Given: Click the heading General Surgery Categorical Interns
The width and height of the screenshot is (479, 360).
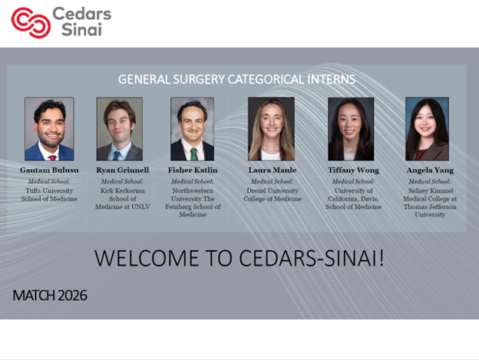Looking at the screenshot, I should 236,79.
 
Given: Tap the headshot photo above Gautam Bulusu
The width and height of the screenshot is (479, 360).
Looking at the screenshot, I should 49,128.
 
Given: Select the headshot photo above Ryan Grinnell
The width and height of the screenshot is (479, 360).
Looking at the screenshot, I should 119,128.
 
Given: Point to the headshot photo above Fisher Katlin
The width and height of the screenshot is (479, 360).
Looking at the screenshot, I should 192,128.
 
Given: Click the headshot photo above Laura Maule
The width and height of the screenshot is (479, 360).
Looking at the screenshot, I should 271,128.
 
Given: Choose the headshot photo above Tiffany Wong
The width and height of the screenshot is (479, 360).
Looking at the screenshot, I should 351,128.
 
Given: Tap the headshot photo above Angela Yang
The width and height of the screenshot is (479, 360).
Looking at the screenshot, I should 427,128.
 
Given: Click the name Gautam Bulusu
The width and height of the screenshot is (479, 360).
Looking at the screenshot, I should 49,170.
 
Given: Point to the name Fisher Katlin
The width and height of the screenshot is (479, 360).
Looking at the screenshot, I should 193,170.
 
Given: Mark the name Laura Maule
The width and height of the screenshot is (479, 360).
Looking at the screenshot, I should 271,170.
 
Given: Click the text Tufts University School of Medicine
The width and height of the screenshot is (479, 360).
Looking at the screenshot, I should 49,194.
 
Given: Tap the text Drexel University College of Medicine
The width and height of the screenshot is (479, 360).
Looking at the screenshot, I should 271,194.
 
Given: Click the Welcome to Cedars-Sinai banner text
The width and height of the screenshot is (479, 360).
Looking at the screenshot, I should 239,259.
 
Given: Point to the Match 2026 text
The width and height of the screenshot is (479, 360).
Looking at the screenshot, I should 50,296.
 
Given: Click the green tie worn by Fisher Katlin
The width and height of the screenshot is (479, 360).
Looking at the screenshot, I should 193,154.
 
